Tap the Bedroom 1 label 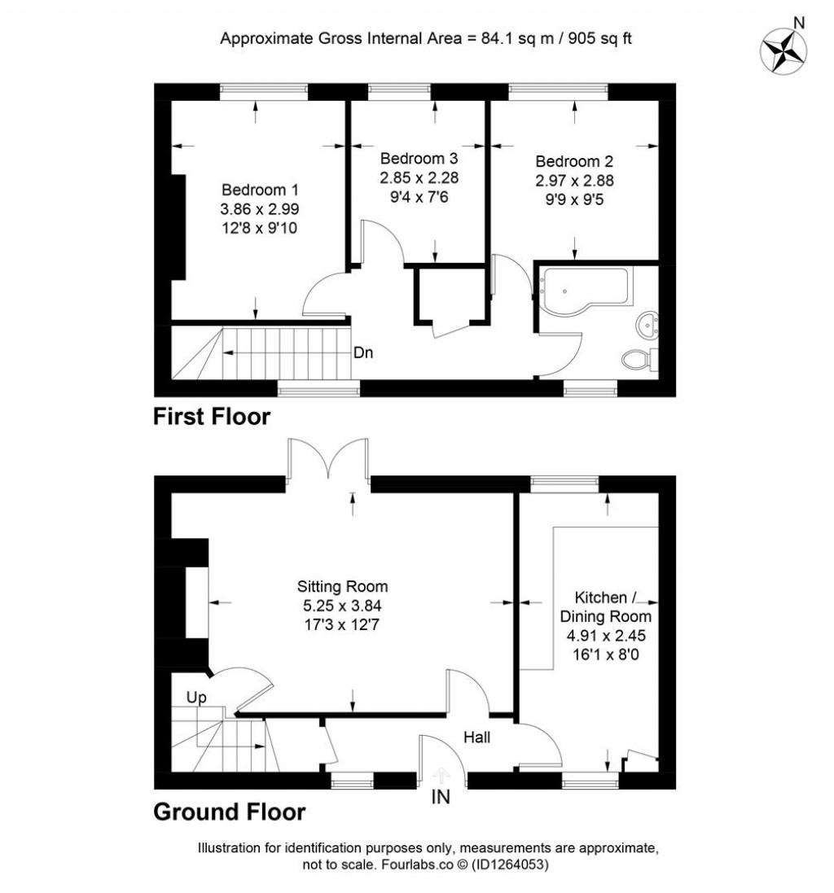click(x=259, y=190)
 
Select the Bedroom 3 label click(x=419, y=158)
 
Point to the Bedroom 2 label click(x=575, y=161)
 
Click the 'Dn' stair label click(x=363, y=353)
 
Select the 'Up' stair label click(x=196, y=698)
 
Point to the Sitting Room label click(x=342, y=586)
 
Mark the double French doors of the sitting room click(x=328, y=464)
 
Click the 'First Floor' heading click(x=212, y=418)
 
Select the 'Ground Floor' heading click(x=230, y=812)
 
